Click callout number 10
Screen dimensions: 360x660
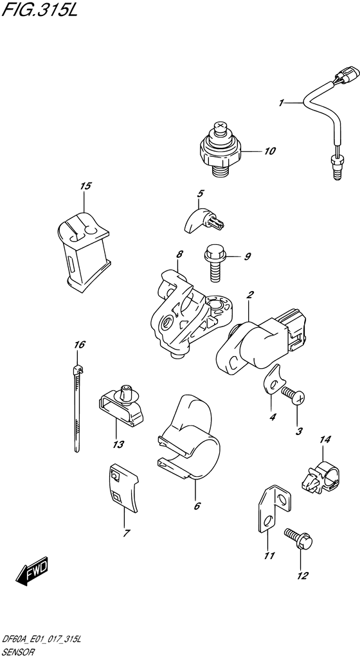(x=269, y=151)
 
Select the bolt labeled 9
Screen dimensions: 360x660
(x=216, y=263)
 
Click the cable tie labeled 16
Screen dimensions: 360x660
(x=78, y=408)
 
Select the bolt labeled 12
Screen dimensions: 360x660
(x=299, y=539)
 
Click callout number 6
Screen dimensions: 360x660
(x=197, y=506)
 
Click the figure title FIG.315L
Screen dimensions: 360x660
(x=40, y=9)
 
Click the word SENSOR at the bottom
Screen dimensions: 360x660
(x=20, y=652)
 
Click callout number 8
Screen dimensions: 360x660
(x=179, y=254)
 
